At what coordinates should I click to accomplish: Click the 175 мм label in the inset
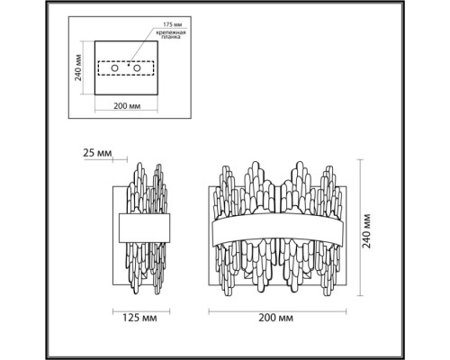click(173, 24)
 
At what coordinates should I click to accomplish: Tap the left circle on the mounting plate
click(114, 68)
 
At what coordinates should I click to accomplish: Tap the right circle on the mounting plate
click(137, 68)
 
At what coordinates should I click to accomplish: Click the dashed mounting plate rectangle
click(126, 61)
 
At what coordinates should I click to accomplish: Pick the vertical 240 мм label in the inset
click(78, 67)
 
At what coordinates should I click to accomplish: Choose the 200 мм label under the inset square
click(127, 105)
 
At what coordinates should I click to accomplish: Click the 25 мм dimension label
click(97, 153)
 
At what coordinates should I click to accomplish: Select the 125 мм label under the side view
click(139, 318)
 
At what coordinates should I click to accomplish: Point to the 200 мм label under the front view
click(276, 318)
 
